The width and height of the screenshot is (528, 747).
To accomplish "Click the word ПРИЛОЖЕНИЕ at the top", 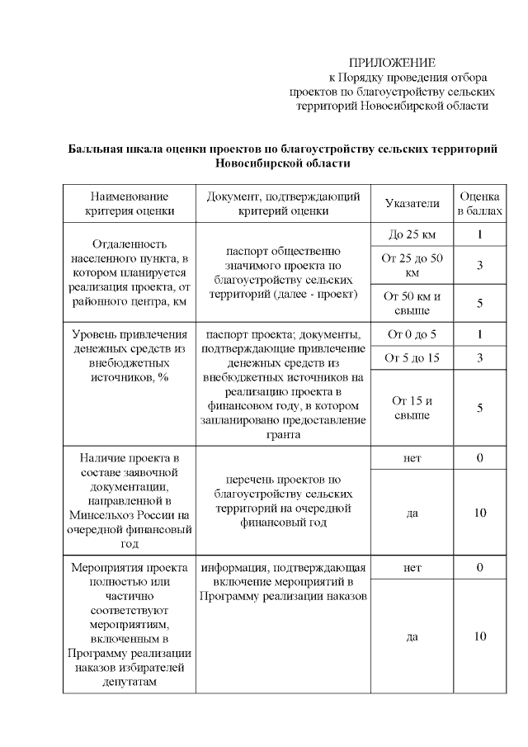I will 392,63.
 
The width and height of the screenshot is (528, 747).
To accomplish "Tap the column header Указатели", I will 412,203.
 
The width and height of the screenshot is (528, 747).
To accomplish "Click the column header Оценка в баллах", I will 479,203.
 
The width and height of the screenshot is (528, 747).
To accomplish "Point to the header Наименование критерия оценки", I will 130,203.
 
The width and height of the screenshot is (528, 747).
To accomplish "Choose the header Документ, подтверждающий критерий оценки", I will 283,203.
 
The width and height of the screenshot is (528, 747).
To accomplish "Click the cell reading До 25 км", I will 412,235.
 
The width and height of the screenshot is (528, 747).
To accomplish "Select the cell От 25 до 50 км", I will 412,265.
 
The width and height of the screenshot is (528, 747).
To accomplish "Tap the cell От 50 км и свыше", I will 412,303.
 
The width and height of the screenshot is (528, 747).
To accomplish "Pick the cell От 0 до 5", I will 412,334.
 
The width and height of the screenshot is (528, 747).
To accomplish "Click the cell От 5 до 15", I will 412,357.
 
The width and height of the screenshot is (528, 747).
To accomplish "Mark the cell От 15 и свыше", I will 412,408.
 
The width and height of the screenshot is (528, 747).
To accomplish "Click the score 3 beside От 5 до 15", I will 479,357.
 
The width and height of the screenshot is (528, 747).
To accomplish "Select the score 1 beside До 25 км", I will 479,235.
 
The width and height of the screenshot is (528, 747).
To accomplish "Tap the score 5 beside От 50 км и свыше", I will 479,303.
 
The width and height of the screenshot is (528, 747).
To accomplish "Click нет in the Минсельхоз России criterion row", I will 412,457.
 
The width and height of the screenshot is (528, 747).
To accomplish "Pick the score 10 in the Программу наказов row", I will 479,636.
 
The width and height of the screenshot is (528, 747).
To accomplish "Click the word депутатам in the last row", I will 130,682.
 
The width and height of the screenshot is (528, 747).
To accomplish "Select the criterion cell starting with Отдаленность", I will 130,273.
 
